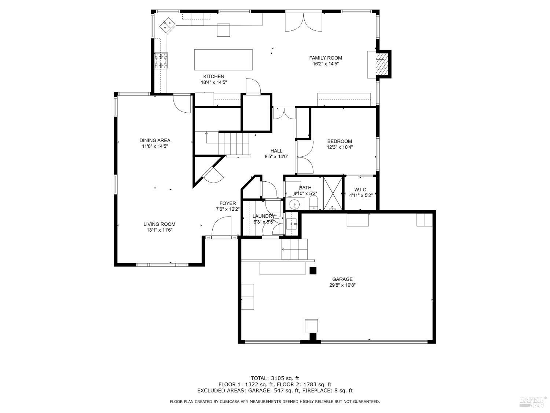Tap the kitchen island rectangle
(223, 59)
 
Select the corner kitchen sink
(169, 25)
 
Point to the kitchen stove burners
(161, 61)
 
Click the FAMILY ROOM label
(325, 58)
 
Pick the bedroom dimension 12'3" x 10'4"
(340, 147)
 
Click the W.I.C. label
(360, 189)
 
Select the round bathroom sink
(294, 204)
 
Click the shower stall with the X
(332, 193)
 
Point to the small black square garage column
(313, 271)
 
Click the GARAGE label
(342, 279)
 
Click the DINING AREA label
(155, 140)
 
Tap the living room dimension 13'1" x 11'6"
(159, 230)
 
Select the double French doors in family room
(304, 22)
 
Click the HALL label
(276, 151)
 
